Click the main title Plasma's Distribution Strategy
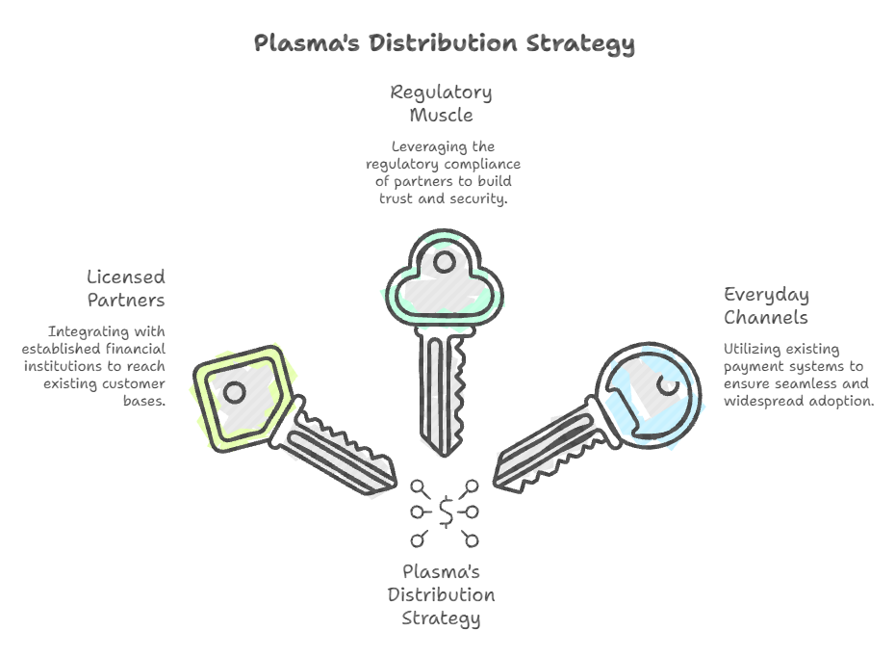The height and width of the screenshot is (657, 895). (x=444, y=43)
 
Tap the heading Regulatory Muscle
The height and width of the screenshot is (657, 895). (x=441, y=104)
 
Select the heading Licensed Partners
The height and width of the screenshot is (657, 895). (x=125, y=288)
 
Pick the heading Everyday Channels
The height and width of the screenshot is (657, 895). (x=766, y=305)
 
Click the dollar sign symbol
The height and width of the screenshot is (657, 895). (x=446, y=512)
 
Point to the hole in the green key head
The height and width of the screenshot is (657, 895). (x=445, y=261)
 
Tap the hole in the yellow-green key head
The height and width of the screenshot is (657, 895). (x=235, y=392)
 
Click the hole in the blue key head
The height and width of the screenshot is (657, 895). (x=668, y=385)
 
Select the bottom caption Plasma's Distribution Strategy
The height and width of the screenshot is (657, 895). (x=441, y=594)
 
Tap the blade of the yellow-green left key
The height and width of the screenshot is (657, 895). (x=343, y=452)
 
